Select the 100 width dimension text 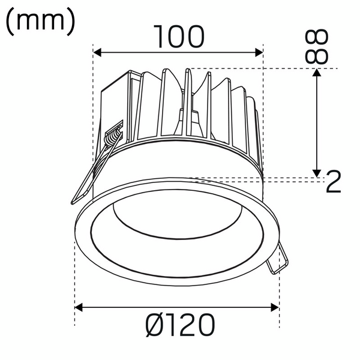pyautogui.click(x=179, y=37)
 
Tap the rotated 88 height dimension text pyautogui.click(x=317, y=47)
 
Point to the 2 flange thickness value pyautogui.click(x=334, y=181)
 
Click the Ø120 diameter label pyautogui.click(x=180, y=326)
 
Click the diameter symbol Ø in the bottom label pyautogui.click(x=154, y=326)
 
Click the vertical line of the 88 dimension pyautogui.click(x=317, y=123)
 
